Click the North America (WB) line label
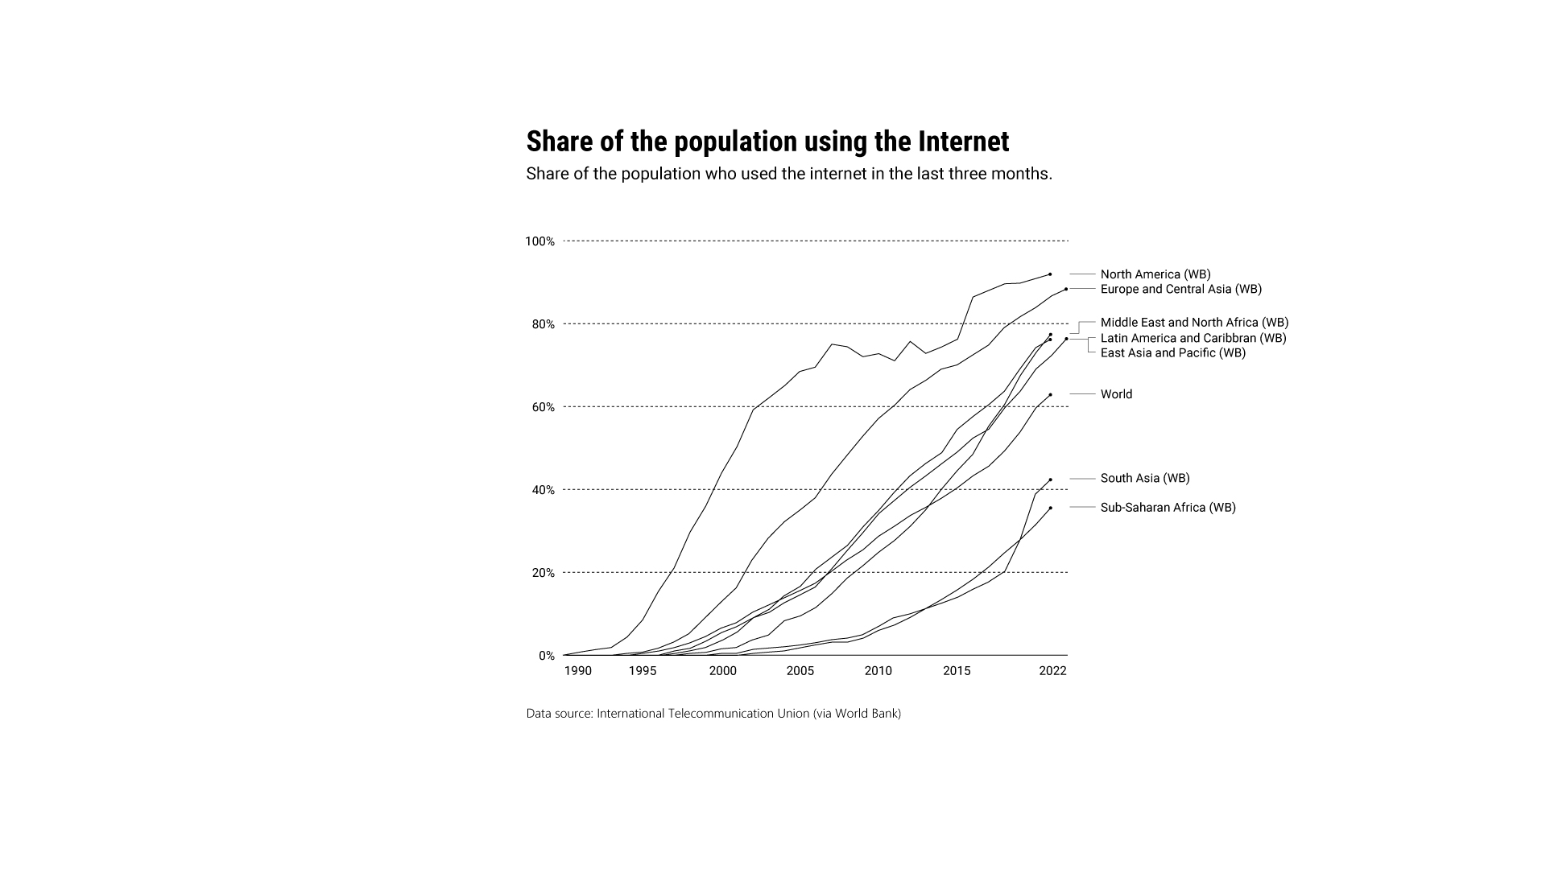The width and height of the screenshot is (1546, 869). click(1155, 274)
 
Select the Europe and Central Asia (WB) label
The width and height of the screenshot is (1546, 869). click(1180, 289)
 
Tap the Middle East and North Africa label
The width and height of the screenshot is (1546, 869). click(1194, 323)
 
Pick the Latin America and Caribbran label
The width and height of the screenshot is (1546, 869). click(1193, 338)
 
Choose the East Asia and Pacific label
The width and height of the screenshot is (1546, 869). click(1172, 352)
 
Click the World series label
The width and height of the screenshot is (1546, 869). click(1116, 394)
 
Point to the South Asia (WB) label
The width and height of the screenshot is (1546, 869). click(1144, 478)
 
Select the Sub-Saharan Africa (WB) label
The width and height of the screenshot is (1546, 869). click(1168, 508)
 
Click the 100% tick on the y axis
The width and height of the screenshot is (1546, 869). click(539, 241)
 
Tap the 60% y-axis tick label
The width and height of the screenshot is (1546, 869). click(543, 407)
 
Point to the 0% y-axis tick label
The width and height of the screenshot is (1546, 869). click(547, 656)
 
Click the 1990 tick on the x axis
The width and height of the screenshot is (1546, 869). click(577, 671)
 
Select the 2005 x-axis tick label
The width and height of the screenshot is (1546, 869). click(800, 671)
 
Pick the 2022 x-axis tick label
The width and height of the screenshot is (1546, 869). click(1052, 671)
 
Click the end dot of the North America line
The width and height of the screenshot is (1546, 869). click(1050, 274)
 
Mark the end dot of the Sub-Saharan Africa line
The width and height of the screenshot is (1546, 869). click(1050, 508)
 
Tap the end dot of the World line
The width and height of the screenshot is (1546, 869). click(1050, 394)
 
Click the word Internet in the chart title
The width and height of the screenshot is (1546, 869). click(963, 142)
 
